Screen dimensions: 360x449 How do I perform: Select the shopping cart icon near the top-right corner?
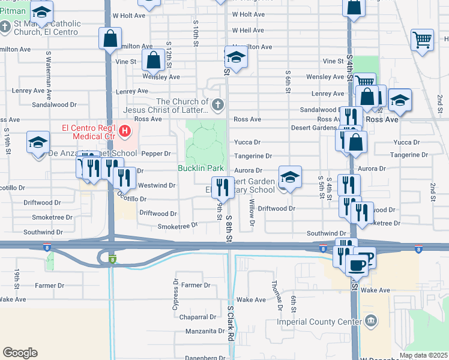423,41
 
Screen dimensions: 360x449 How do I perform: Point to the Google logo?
20,353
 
